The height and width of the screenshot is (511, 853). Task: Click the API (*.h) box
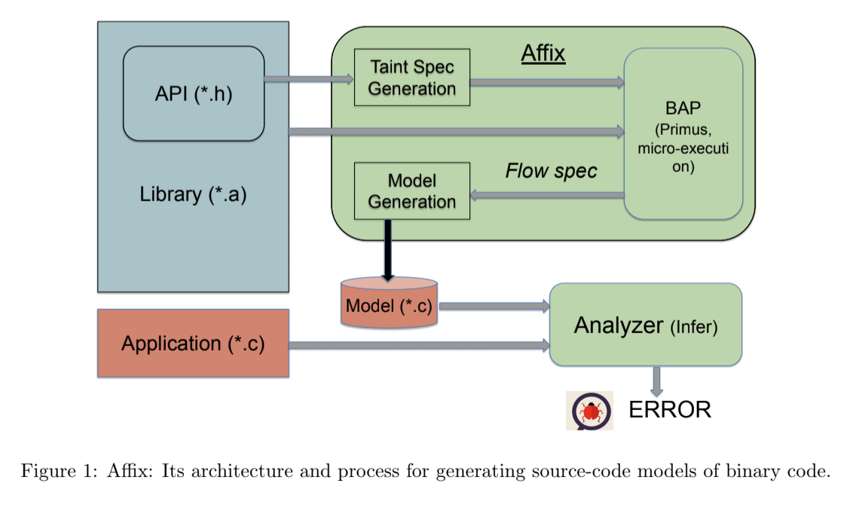point(194,93)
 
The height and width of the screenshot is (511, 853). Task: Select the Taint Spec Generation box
point(412,78)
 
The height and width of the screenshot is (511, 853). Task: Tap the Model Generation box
point(412,191)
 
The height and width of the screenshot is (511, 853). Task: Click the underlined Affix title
point(543,54)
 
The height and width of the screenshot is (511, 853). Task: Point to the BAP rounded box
point(683,134)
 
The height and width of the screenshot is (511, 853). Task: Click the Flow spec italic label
point(551,171)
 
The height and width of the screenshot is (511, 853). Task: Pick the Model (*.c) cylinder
point(389,304)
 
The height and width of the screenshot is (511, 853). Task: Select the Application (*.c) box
point(193,343)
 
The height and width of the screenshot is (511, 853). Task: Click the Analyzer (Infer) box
point(646,325)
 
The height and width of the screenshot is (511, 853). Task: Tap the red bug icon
point(589,411)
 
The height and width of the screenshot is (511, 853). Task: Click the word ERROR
point(670,409)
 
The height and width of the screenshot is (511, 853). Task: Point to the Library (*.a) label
point(194,194)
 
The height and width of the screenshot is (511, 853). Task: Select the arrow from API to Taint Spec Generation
point(309,78)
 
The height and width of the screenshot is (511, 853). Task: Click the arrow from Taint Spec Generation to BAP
point(547,82)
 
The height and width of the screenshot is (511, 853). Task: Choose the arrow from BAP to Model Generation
point(547,195)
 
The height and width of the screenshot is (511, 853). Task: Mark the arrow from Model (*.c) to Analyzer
point(494,306)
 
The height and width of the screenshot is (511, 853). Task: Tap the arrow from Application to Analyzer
point(419,345)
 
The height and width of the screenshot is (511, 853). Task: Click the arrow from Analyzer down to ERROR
point(656,381)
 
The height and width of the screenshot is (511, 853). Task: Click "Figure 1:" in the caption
point(51,472)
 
